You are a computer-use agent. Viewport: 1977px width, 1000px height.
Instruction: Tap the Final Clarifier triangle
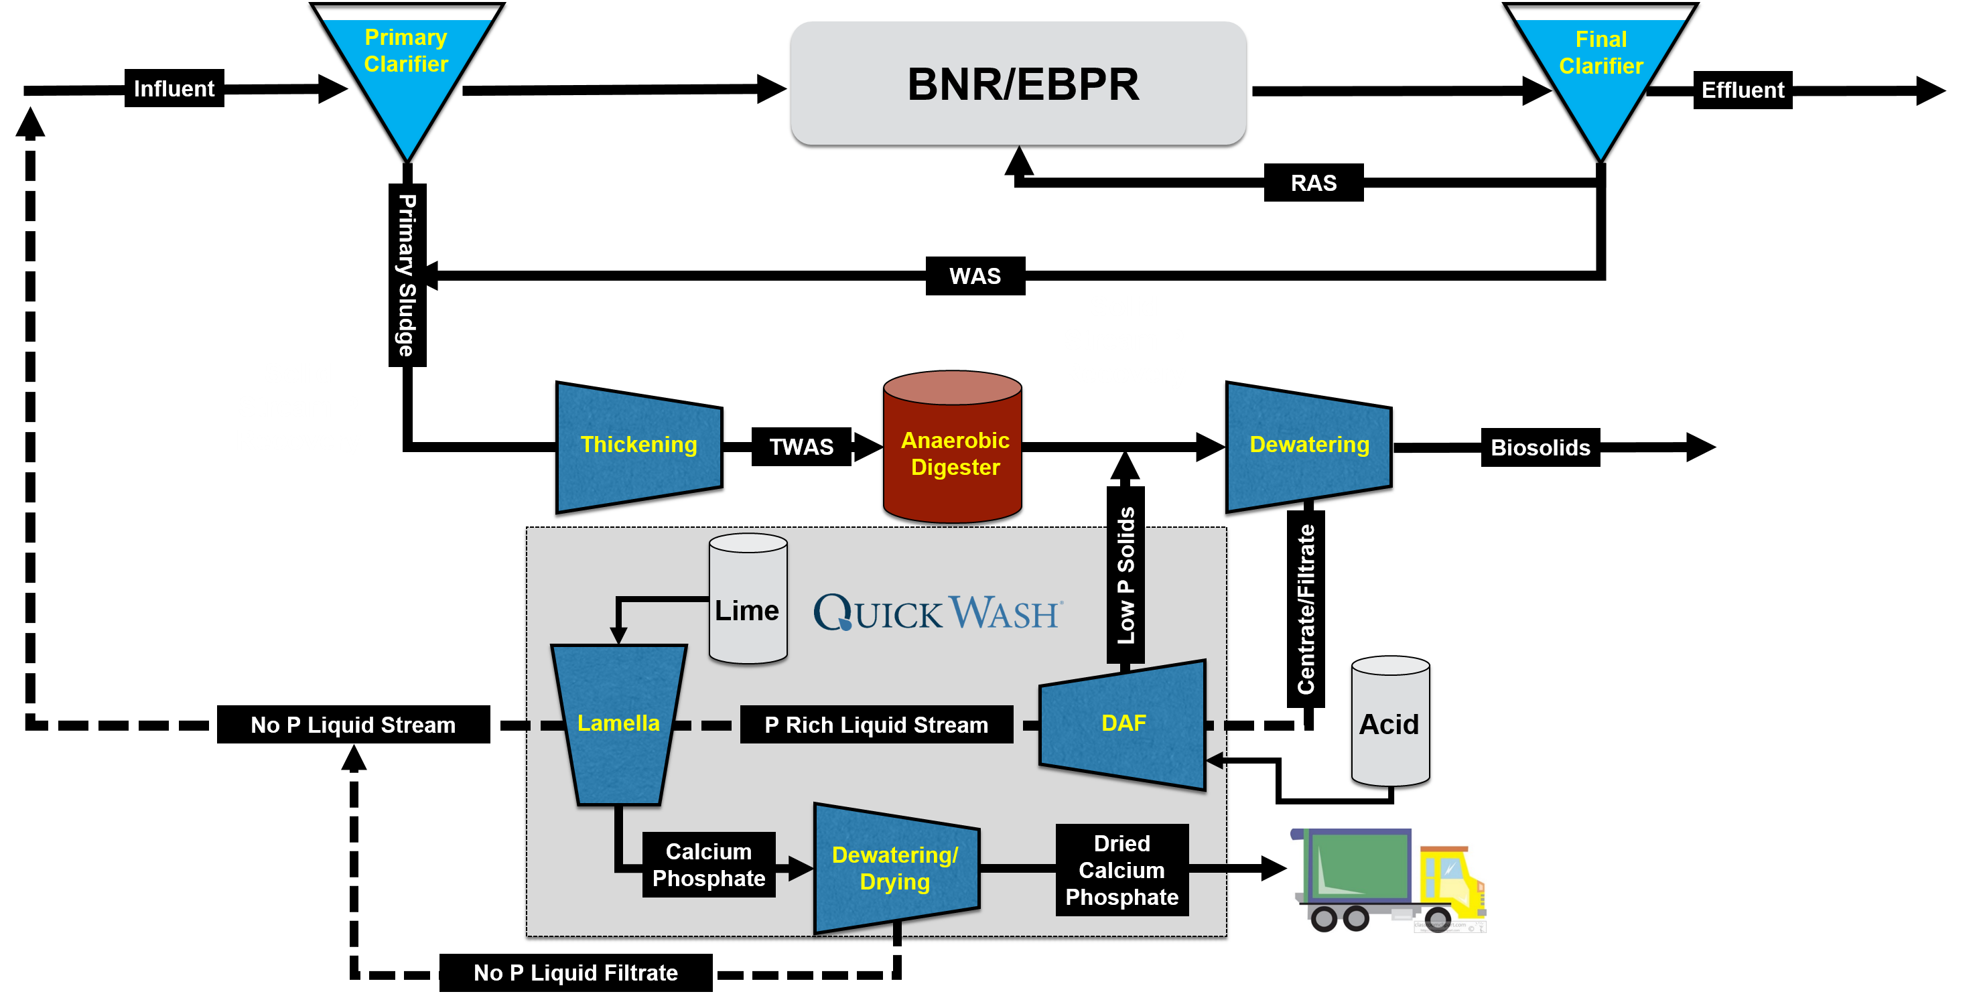click(x=1600, y=73)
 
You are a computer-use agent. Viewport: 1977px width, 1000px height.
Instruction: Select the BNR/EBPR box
click(x=1018, y=83)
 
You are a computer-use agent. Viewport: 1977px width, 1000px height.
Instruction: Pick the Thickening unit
click(x=638, y=446)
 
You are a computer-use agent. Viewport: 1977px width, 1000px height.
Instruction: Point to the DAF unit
click(x=1123, y=724)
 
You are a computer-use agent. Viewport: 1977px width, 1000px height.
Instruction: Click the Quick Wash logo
click(x=938, y=612)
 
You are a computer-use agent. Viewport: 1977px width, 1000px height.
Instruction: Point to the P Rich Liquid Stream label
click(x=876, y=725)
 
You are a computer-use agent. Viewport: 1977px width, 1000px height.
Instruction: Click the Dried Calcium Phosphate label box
click(x=1122, y=870)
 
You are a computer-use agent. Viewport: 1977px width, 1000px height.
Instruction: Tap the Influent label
click(x=174, y=89)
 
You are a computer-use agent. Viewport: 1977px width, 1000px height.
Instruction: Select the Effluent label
click(x=1742, y=90)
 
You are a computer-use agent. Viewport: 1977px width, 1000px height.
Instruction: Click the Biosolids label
click(x=1540, y=448)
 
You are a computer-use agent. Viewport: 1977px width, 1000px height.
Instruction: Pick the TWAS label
click(x=801, y=447)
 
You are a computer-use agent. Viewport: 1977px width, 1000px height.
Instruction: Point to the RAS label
click(x=1313, y=184)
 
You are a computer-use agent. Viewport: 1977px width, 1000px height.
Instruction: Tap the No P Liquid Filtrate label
click(x=575, y=973)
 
